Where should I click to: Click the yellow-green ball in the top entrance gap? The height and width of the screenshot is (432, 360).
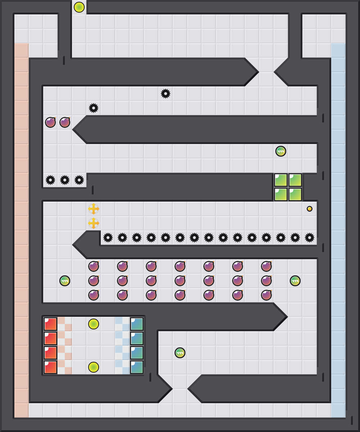coord(79,7)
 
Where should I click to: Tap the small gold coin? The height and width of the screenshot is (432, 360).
coord(310,209)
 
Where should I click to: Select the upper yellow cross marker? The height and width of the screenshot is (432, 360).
coord(94,209)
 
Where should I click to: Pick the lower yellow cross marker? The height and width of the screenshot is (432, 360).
coord(94,223)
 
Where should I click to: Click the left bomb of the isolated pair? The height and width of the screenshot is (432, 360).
coord(50,122)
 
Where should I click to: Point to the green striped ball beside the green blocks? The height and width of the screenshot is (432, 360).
coord(281,151)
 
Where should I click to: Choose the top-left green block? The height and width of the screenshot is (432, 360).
coord(281,180)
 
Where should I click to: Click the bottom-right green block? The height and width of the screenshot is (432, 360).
coord(295,194)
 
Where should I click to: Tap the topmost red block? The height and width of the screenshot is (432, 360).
coord(50,324)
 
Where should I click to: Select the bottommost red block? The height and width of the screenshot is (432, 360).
coord(50,367)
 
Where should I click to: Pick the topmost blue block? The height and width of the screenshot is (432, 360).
coord(137,324)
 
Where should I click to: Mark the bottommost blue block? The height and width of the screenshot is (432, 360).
coord(137,367)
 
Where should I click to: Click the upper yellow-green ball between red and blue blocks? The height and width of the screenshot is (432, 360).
coord(94,324)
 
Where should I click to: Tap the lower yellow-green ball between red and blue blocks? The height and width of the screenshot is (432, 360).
coord(94,367)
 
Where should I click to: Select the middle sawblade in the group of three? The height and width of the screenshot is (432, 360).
coord(65,180)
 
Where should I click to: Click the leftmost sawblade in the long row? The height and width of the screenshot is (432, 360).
coord(108,238)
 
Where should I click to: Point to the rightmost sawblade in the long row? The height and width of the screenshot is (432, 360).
coord(310,238)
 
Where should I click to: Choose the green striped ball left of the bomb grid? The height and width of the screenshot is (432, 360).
coord(65,281)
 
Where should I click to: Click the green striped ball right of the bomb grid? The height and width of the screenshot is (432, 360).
coord(295,281)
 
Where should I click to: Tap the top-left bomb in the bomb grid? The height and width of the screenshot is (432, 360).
coord(94,266)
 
